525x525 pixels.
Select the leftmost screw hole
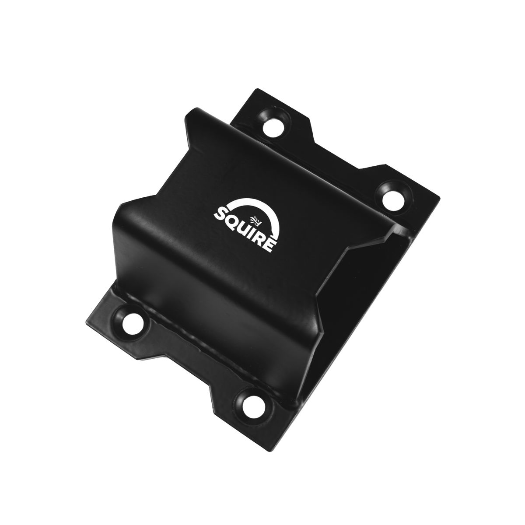coord(133,323)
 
